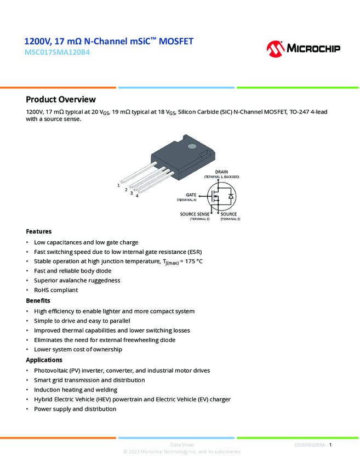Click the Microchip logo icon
[276, 49]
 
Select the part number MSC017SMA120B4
[57, 53]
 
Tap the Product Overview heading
[61, 99]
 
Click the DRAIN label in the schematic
[221, 172]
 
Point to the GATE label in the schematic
[191, 195]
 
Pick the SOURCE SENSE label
[184, 214]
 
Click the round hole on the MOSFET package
[192, 146]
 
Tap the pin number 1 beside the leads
[118, 185]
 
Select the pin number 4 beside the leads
[137, 196]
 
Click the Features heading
[39, 231]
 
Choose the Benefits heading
[38, 300]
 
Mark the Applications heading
[44, 360]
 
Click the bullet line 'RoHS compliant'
[56, 290]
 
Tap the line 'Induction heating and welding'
[76, 390]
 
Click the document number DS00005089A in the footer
[310, 445]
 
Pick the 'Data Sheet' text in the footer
[182, 445]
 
